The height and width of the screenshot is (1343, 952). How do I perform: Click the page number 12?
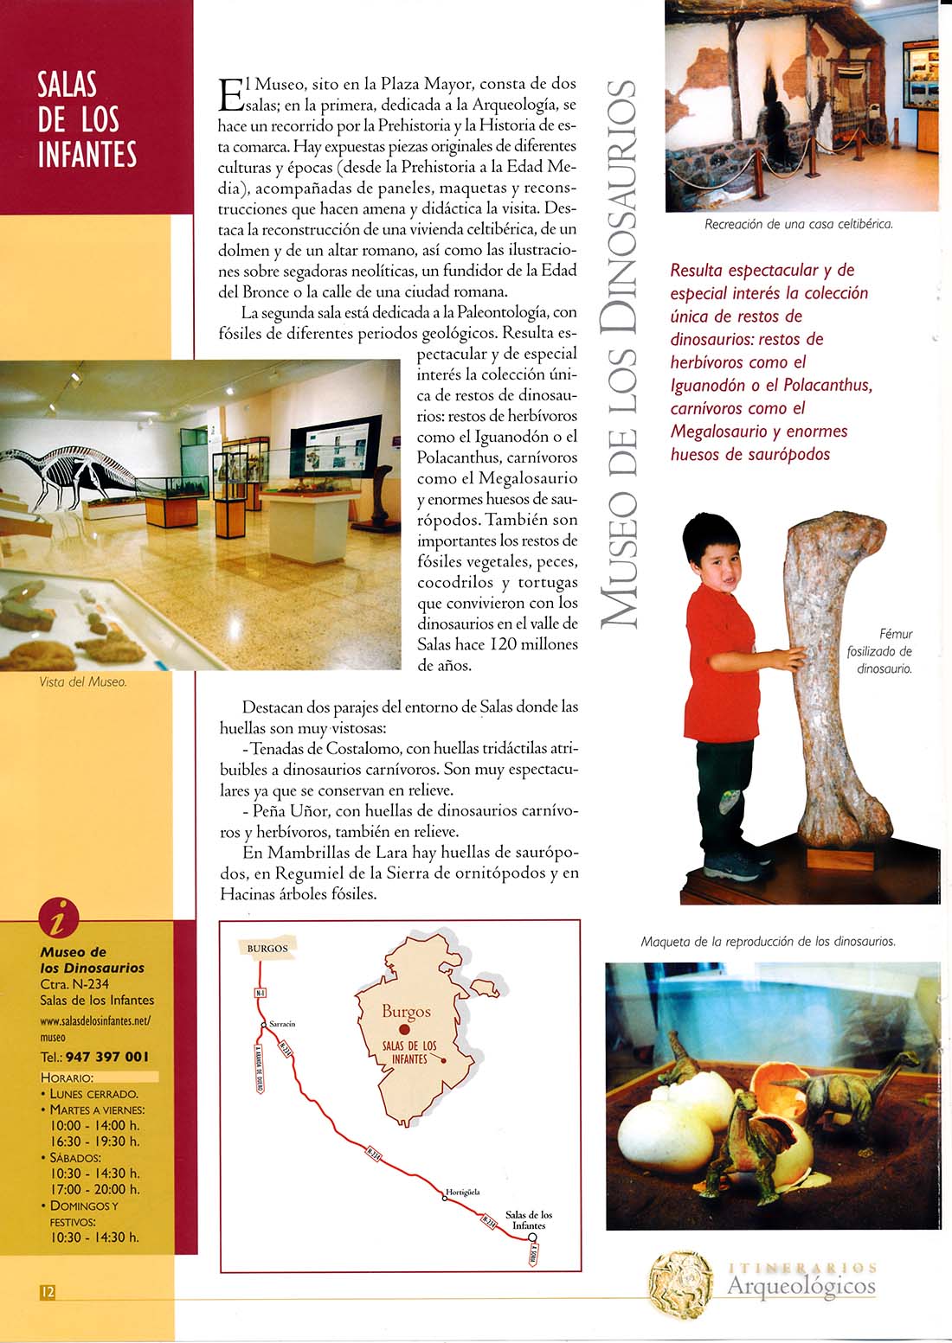48,1291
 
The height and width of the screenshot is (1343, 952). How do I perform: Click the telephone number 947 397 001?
106,1056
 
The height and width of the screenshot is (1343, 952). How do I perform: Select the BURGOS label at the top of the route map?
267,948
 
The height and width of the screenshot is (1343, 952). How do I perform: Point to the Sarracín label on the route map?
282,1024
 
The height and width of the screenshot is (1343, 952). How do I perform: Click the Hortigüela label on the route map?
462,1192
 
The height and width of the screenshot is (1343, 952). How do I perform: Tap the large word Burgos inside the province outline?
406,1011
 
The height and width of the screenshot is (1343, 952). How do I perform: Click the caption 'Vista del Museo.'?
83,681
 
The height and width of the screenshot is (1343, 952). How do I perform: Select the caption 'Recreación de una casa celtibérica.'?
798,224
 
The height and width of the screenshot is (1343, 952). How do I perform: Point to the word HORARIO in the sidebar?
67,1078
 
